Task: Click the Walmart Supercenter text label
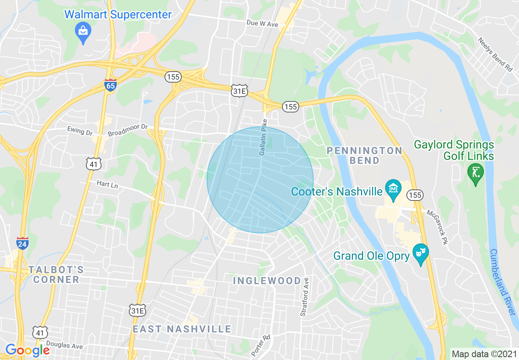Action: click(118, 15)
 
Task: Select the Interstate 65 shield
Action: click(110, 84)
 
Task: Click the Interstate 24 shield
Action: click(23, 243)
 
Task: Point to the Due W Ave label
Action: click(262, 24)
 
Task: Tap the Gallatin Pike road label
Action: click(263, 137)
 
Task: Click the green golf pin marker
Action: click(475, 173)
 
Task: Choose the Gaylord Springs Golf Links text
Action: click(454, 150)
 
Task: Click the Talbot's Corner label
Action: click(56, 274)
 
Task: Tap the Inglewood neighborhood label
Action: click(267, 281)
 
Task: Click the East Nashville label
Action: click(182, 329)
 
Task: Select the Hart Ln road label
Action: click(107, 184)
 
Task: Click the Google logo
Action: click(27, 350)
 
